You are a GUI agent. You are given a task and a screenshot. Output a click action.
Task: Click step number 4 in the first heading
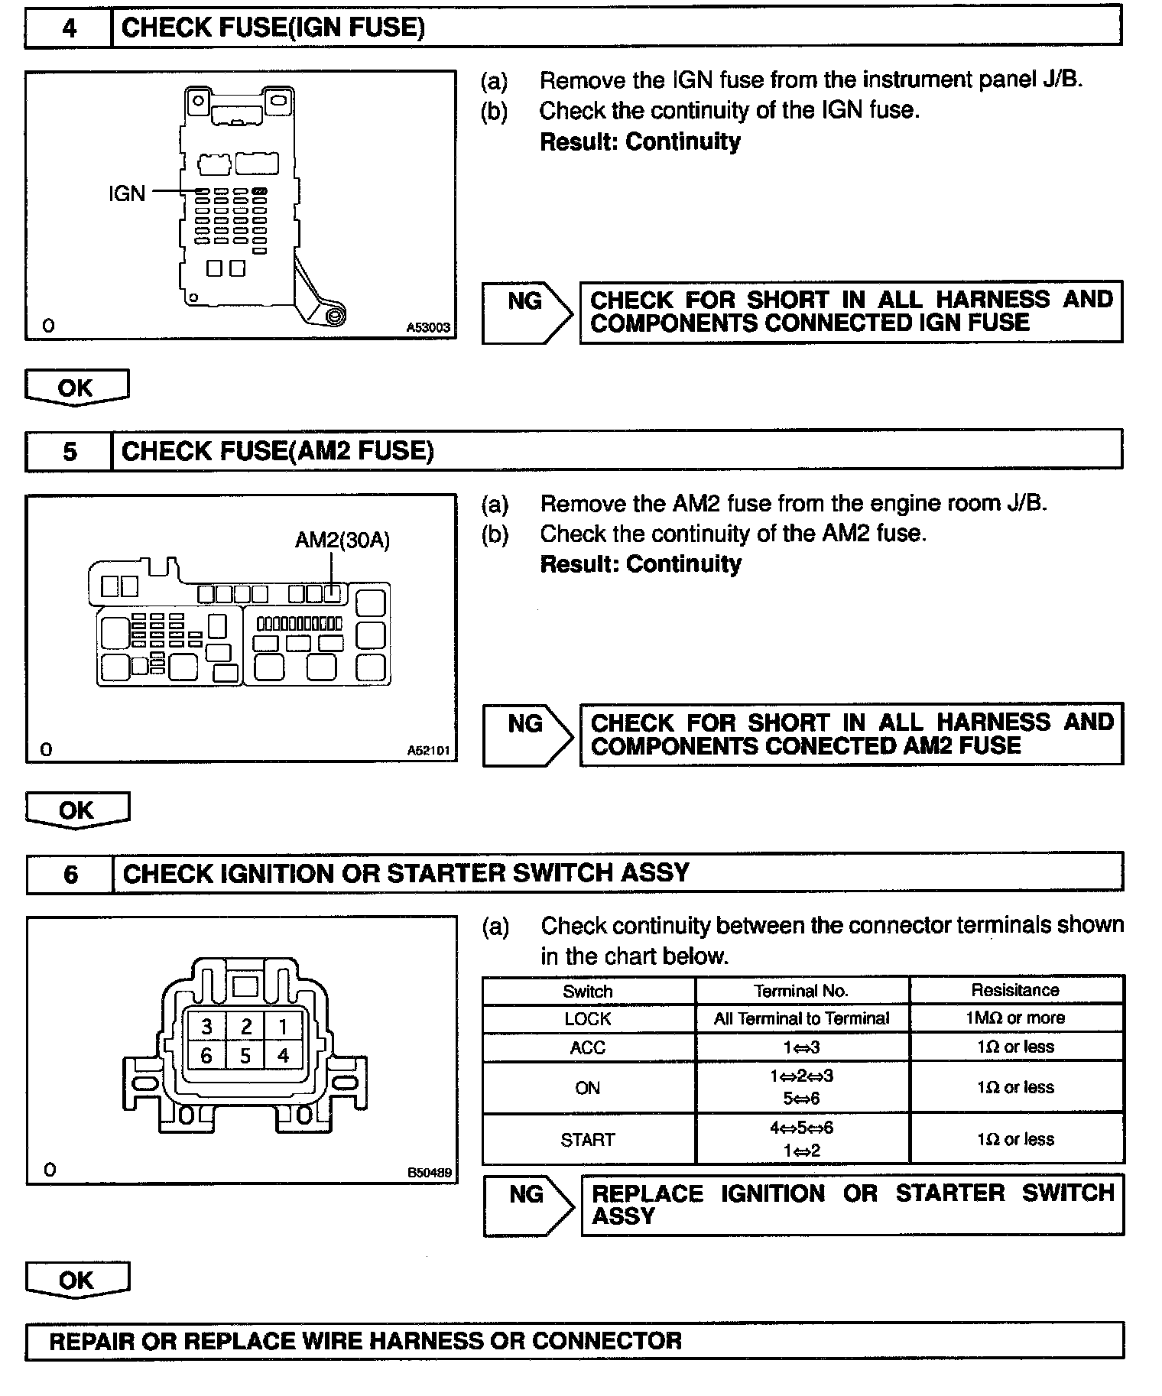click(x=69, y=29)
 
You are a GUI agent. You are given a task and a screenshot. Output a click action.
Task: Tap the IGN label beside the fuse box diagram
click(x=126, y=193)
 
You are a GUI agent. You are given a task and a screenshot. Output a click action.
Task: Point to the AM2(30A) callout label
click(x=342, y=541)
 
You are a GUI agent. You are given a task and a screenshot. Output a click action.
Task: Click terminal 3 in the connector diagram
click(x=206, y=1026)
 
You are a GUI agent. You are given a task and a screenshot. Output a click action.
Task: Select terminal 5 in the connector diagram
click(x=245, y=1056)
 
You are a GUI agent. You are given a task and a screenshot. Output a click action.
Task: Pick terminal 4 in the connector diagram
click(x=283, y=1056)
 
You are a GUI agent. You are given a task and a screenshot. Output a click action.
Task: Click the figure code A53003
click(x=428, y=327)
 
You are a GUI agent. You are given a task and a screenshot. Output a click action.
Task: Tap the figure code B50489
click(x=429, y=1172)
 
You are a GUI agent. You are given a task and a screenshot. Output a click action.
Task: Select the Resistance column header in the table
click(x=1015, y=990)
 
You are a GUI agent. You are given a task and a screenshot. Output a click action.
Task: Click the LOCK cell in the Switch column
click(x=588, y=1019)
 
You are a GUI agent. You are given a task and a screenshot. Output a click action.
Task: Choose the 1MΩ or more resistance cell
click(x=1015, y=1018)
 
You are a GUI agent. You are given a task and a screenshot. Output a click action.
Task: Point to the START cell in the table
click(x=588, y=1140)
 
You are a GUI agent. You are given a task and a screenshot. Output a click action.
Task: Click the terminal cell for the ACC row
click(x=801, y=1047)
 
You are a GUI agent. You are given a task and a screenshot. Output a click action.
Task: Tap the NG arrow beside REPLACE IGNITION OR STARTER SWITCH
click(x=527, y=1205)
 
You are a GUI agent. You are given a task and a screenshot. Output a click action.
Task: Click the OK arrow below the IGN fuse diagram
click(x=76, y=388)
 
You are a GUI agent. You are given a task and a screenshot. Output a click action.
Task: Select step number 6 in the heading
click(x=70, y=874)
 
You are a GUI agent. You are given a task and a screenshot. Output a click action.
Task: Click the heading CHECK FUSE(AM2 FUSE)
click(x=278, y=451)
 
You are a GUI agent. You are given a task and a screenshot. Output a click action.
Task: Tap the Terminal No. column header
click(x=801, y=991)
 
